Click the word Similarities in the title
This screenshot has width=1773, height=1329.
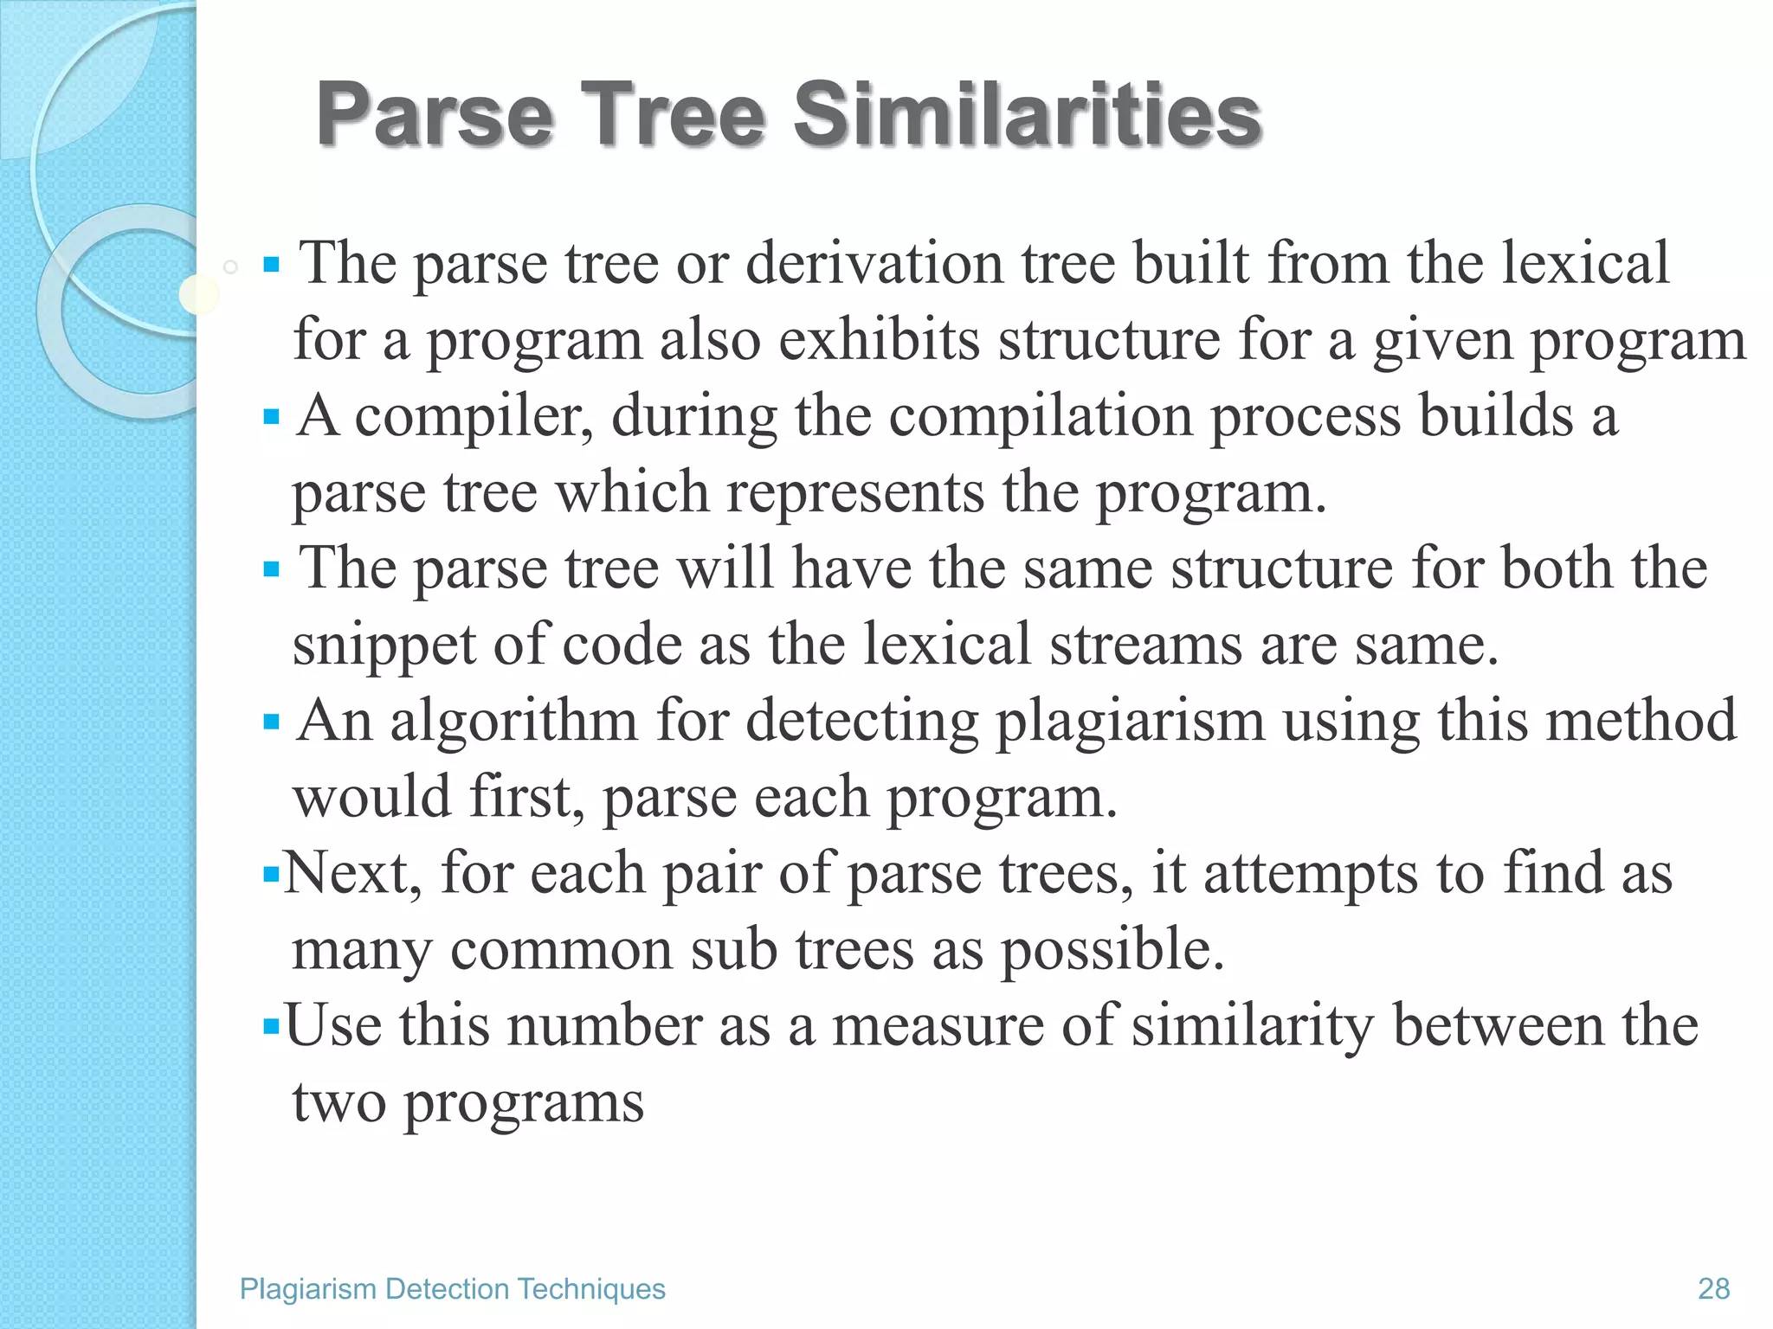[x=1028, y=114]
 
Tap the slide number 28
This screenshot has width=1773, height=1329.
[x=1713, y=1288]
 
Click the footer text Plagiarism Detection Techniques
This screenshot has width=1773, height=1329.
[x=452, y=1288]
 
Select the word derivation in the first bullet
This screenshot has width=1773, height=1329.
[x=874, y=263]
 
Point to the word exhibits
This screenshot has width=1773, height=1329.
[x=879, y=339]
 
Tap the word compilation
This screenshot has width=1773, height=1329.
[x=1040, y=417]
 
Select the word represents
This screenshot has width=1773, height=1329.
[x=855, y=492]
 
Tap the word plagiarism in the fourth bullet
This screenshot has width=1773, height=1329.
[x=1130, y=721]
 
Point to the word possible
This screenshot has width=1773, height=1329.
[x=1112, y=949]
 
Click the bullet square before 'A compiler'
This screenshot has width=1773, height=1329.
[x=271, y=418]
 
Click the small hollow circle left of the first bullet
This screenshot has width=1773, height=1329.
[x=230, y=266]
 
